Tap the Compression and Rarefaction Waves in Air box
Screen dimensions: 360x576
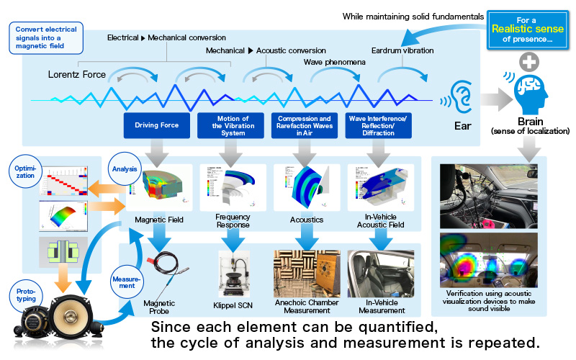point(305,124)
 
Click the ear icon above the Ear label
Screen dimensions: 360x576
point(461,94)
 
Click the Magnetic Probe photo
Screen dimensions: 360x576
point(157,271)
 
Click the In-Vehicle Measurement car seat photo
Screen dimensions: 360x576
point(379,274)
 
